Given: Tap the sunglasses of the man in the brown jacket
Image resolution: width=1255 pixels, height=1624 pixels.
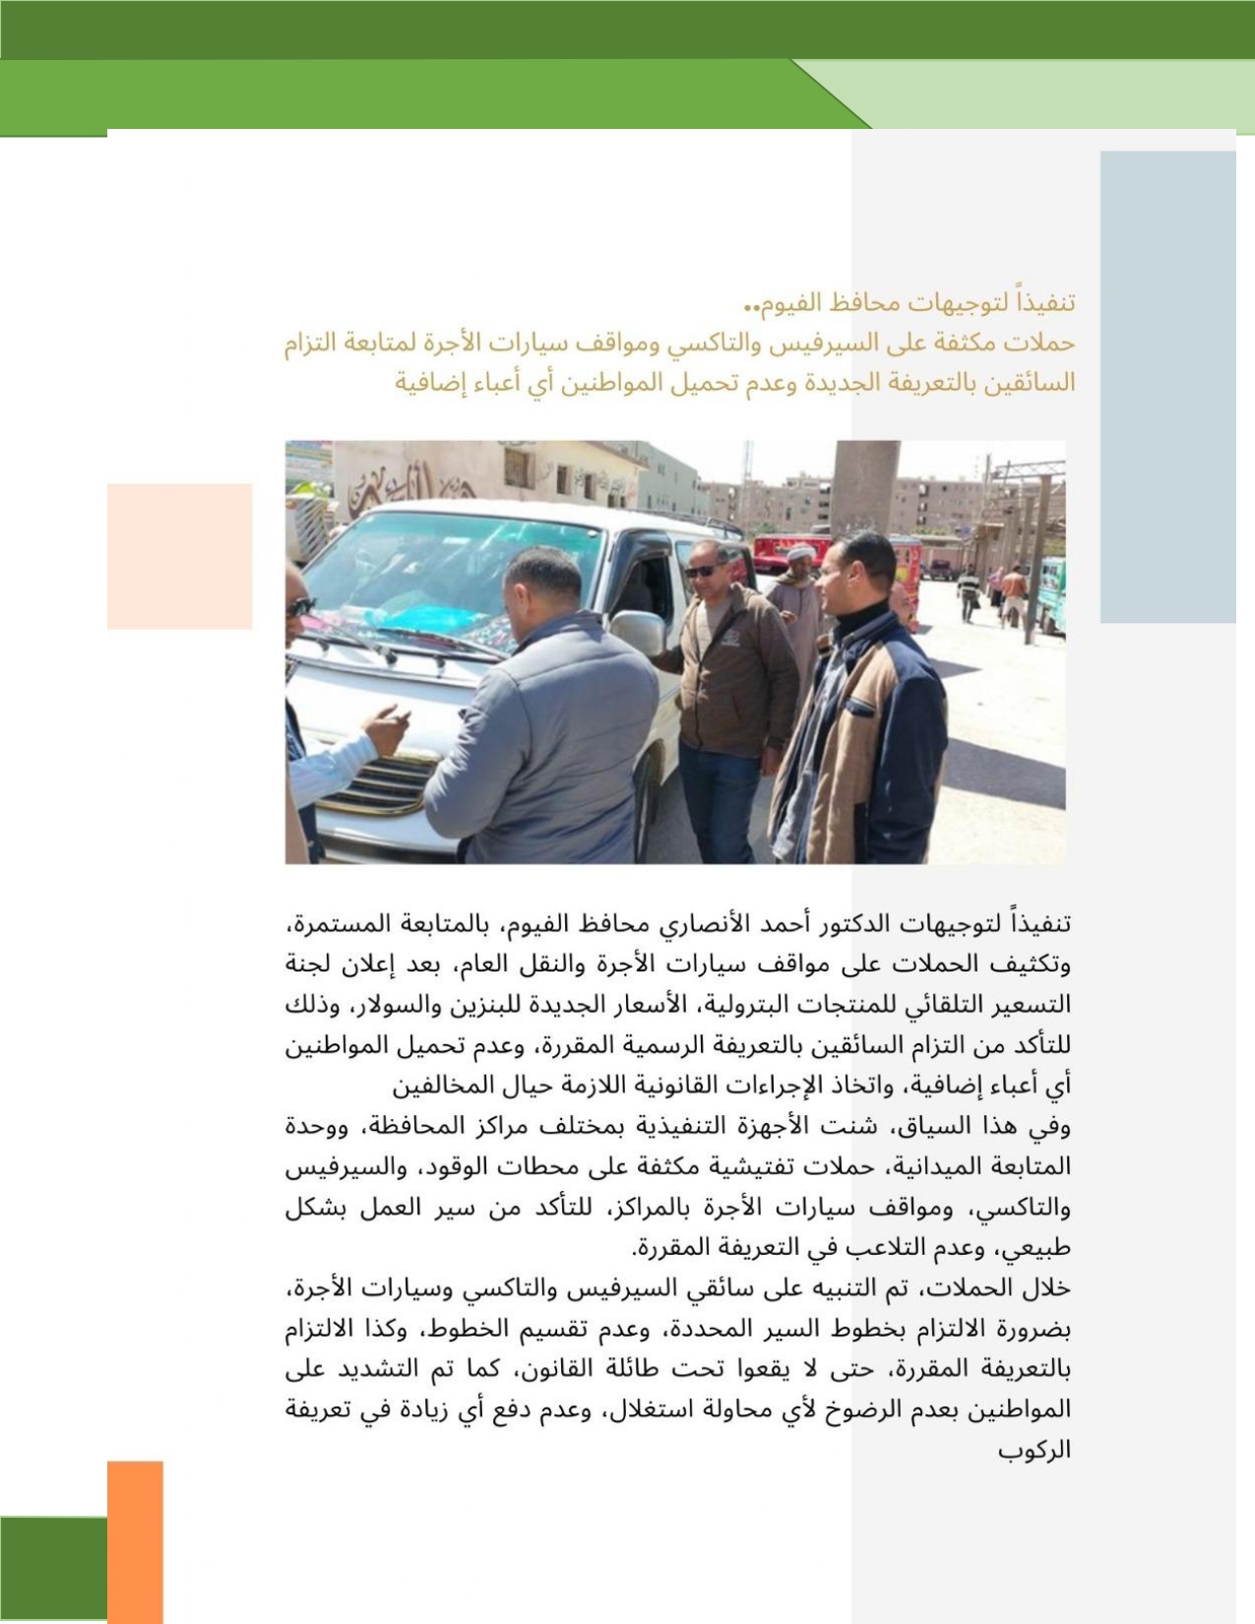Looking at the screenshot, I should point(701,571).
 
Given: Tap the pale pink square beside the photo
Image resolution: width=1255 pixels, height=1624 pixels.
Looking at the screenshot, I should point(179,556).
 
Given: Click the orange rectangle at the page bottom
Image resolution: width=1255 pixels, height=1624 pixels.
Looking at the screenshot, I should point(135,1540).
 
